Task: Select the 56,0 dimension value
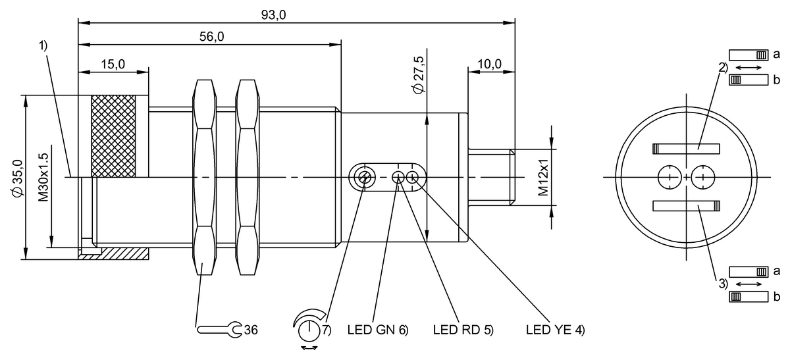click(211, 38)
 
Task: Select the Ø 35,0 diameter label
click(18, 177)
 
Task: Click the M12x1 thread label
click(542, 178)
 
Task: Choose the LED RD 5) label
click(463, 328)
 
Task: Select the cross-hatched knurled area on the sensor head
click(113, 136)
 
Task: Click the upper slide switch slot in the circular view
click(685, 148)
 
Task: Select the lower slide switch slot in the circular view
click(685, 206)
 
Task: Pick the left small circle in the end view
click(669, 177)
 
